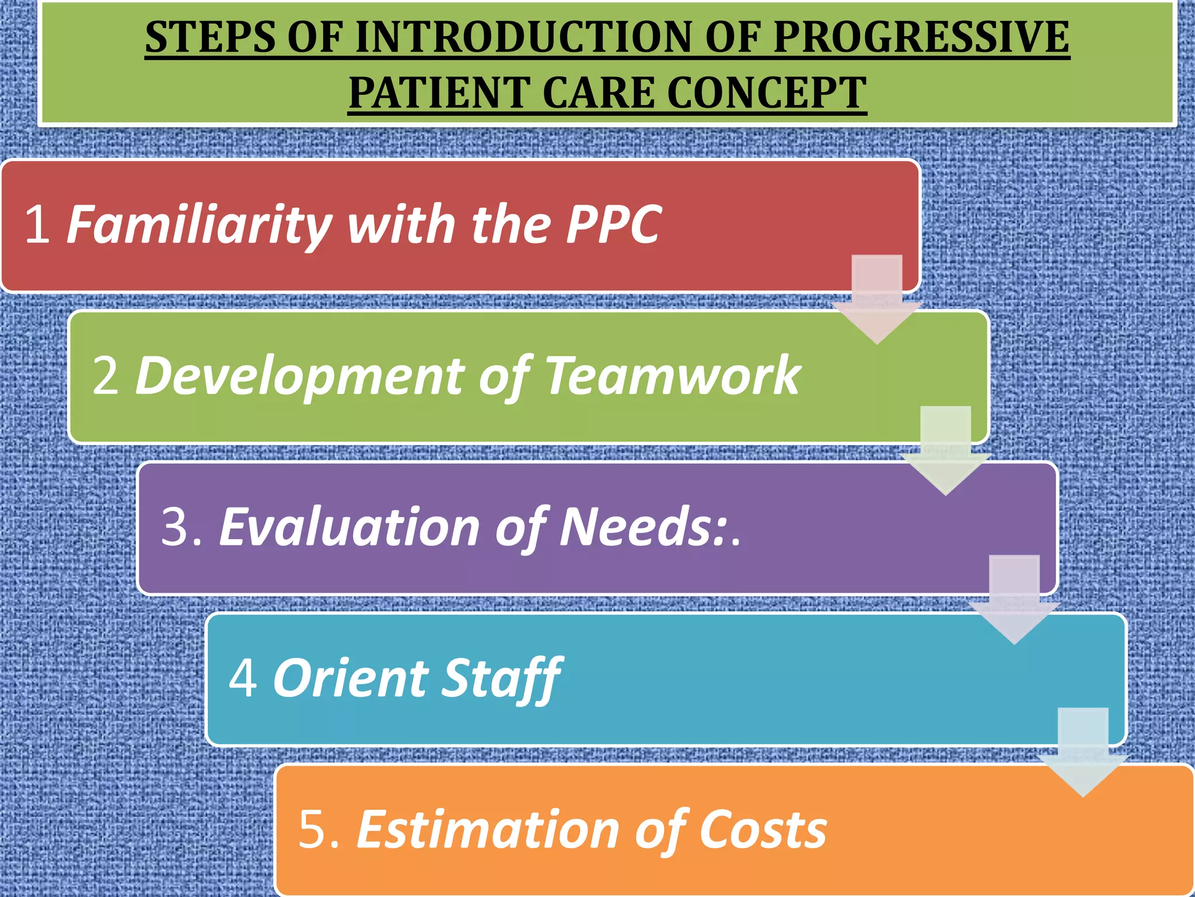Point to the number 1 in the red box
pos(37,224)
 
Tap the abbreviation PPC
pos(614,224)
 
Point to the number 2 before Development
pos(106,376)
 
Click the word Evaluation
pos(350,527)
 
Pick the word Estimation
pos(488,830)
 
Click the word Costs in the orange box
pos(763,830)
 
